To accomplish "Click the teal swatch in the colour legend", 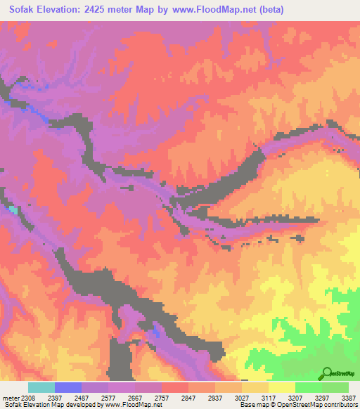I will coord(41,387).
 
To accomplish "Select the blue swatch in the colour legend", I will coord(68,387).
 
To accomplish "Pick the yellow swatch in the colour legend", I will coord(281,387).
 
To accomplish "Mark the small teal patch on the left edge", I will coord(13,209).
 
